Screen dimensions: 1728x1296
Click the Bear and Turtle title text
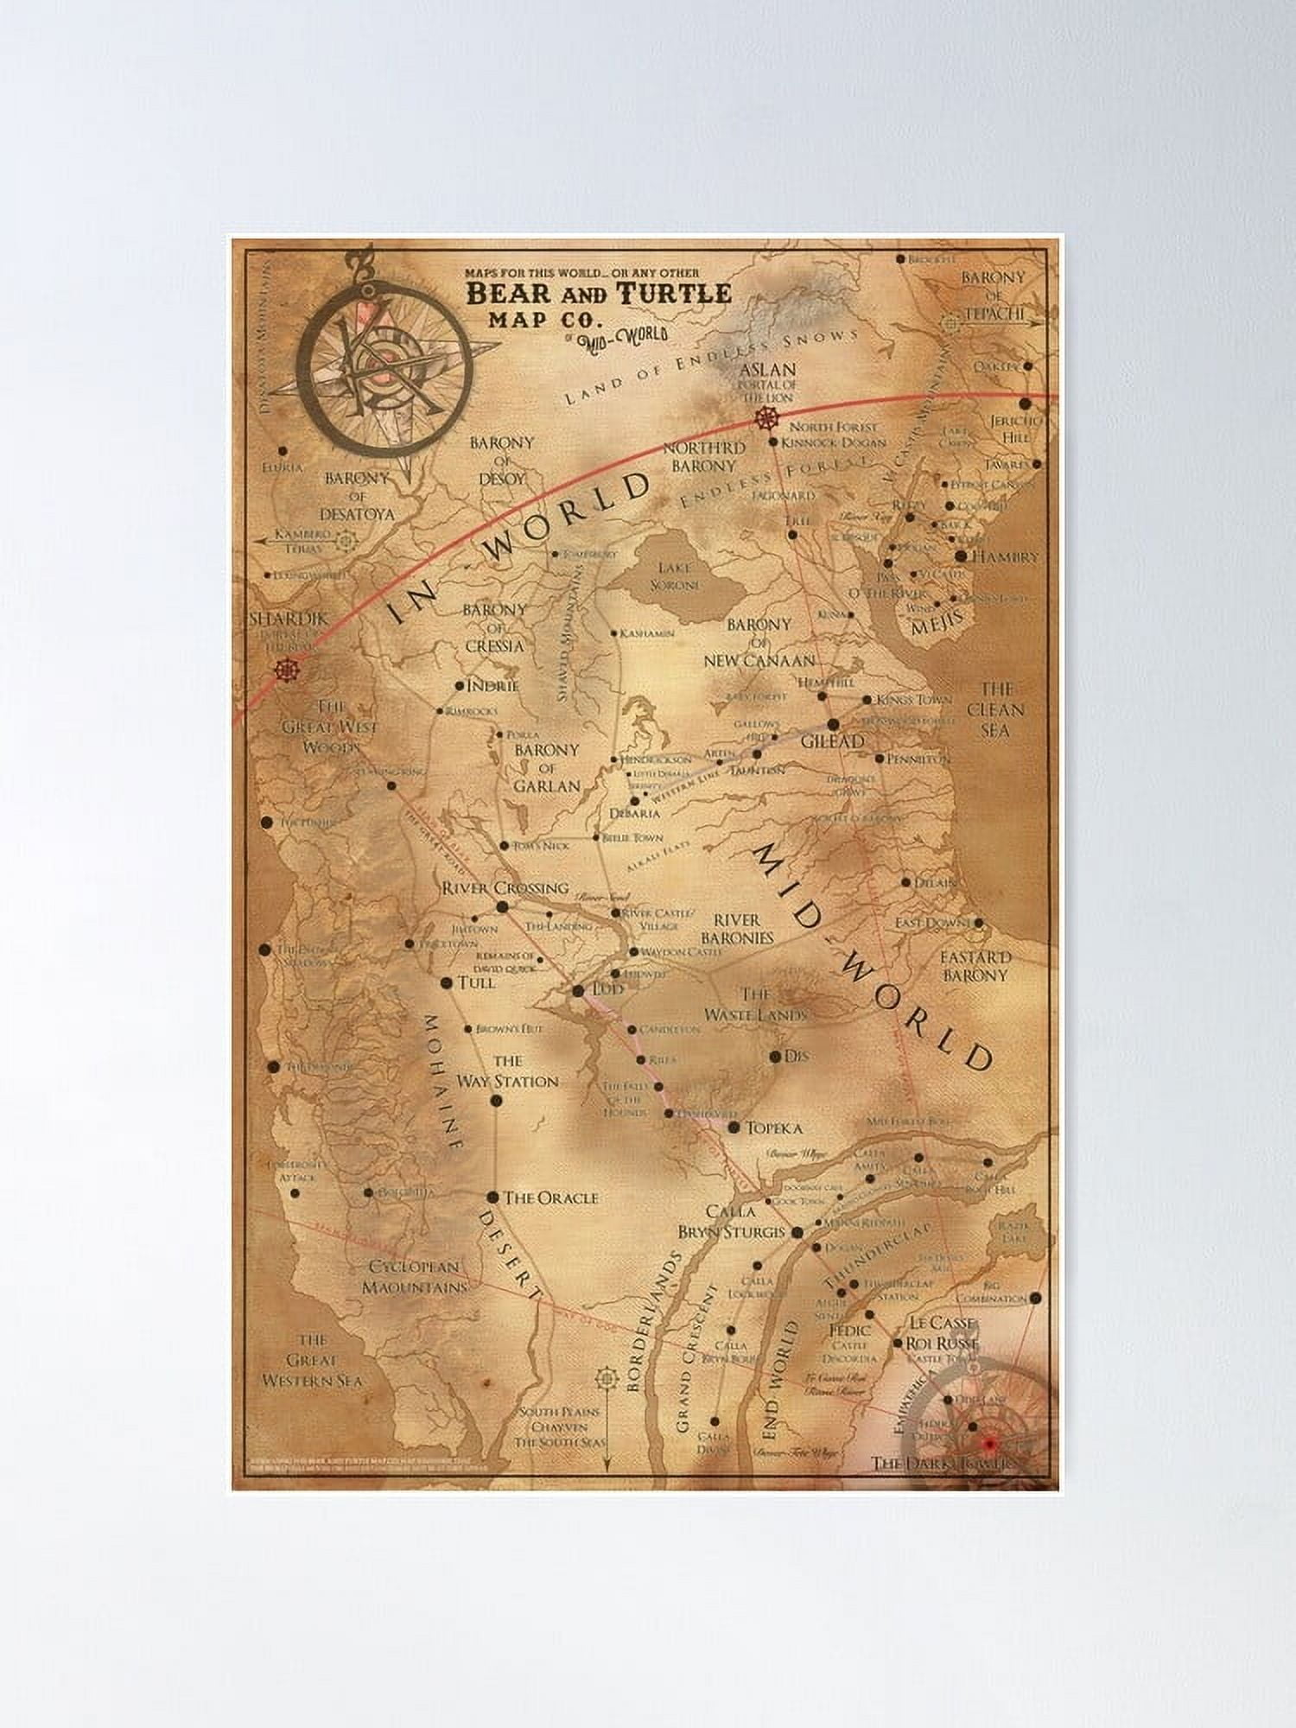tap(599, 294)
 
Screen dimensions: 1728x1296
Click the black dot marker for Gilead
tap(833, 725)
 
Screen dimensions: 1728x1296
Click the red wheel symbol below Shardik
tap(285, 670)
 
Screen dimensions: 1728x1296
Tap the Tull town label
tap(477, 982)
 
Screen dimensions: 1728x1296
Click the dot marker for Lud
tap(578, 990)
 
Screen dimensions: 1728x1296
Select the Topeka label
tap(774, 1128)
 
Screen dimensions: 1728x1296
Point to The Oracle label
tap(550, 1198)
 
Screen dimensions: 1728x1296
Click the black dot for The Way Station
tap(496, 1100)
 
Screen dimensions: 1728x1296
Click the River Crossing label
tap(505, 887)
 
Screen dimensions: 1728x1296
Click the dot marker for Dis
tap(775, 1056)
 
